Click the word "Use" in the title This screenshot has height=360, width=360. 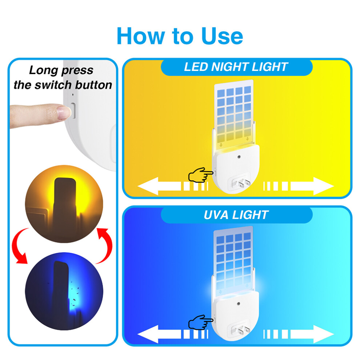click(x=222, y=36)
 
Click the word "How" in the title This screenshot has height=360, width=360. click(x=141, y=36)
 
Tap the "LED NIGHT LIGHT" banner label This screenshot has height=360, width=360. click(x=236, y=67)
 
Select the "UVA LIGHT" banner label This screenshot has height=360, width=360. click(x=236, y=215)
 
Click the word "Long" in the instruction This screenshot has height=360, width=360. click(x=43, y=71)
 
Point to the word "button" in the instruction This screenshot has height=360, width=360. click(x=93, y=85)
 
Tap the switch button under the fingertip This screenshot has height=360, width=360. click(x=73, y=111)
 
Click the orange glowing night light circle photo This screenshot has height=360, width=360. click(x=64, y=204)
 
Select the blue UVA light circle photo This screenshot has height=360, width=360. click(x=64, y=291)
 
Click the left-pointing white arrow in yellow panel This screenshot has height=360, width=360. click(x=173, y=186)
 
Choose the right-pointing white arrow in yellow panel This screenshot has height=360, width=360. click(x=299, y=186)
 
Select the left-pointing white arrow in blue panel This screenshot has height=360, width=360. click(x=173, y=334)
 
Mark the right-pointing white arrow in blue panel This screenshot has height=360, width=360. click(x=299, y=334)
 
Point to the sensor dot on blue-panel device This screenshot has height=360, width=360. click(x=239, y=304)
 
